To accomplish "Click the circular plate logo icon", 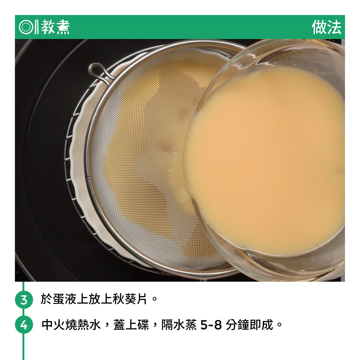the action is tap(25, 27).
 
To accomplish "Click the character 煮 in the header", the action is tap(63, 27).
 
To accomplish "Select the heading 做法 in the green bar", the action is tap(326, 27).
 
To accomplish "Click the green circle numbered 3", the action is tap(24, 300).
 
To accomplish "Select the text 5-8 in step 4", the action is tap(211, 325).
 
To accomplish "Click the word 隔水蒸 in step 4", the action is tap(179, 325).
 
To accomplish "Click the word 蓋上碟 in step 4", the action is tap(131, 325).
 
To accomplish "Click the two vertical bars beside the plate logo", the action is tap(36, 27).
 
